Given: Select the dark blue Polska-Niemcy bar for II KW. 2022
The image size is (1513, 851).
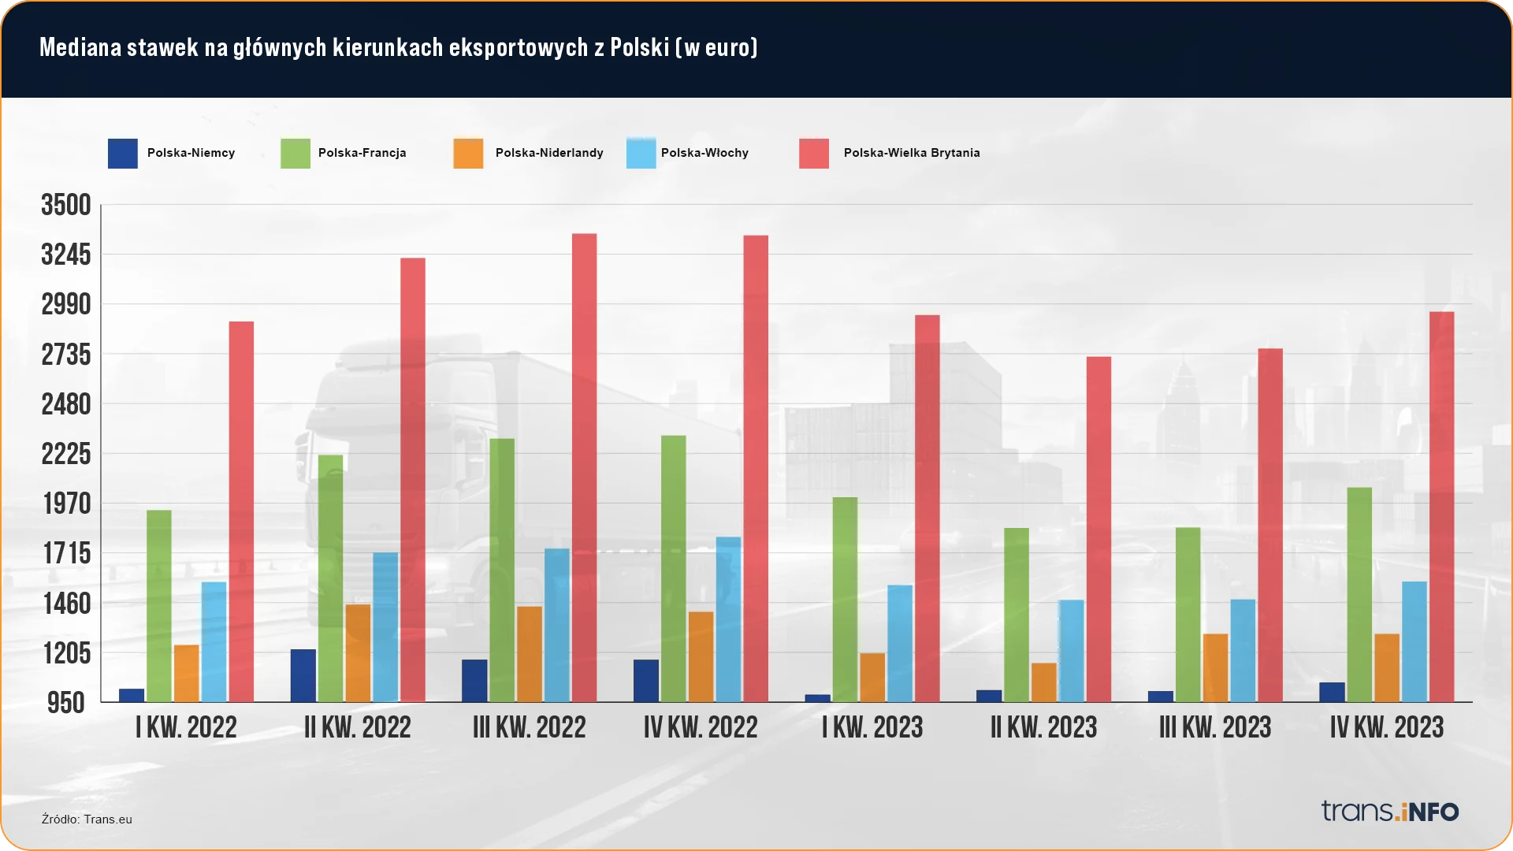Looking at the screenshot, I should click(303, 675).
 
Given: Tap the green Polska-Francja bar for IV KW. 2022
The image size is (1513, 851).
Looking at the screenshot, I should click(673, 568).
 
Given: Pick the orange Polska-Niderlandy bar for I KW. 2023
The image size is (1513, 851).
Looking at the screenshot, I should click(872, 677).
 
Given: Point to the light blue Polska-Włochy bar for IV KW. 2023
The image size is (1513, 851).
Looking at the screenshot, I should click(1414, 641).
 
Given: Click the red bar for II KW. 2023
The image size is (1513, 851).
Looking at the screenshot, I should click(1099, 529).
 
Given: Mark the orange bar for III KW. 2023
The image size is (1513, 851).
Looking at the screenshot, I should click(1215, 667).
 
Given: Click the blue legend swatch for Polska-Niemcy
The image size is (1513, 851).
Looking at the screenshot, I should click(123, 154).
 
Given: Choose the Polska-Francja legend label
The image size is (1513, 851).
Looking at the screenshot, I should click(362, 153).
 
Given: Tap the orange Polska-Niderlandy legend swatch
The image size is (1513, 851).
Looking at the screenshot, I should click(468, 154).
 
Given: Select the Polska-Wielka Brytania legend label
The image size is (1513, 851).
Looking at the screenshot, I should click(912, 153).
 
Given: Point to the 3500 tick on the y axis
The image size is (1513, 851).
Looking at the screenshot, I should click(66, 206).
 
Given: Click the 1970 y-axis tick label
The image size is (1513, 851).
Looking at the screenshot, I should click(66, 504).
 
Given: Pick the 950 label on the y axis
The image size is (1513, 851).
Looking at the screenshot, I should click(66, 703).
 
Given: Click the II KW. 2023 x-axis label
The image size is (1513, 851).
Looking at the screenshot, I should click(1043, 727).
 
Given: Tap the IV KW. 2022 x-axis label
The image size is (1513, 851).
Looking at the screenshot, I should click(701, 727).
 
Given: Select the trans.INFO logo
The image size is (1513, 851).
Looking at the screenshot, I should click(1390, 811).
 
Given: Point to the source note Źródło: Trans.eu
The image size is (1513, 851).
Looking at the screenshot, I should click(87, 819).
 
